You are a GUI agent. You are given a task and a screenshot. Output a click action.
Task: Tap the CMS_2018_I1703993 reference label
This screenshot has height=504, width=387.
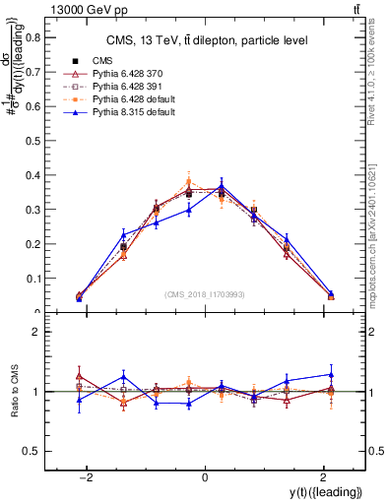205,294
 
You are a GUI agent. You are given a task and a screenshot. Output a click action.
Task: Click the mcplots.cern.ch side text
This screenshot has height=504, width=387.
378,235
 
